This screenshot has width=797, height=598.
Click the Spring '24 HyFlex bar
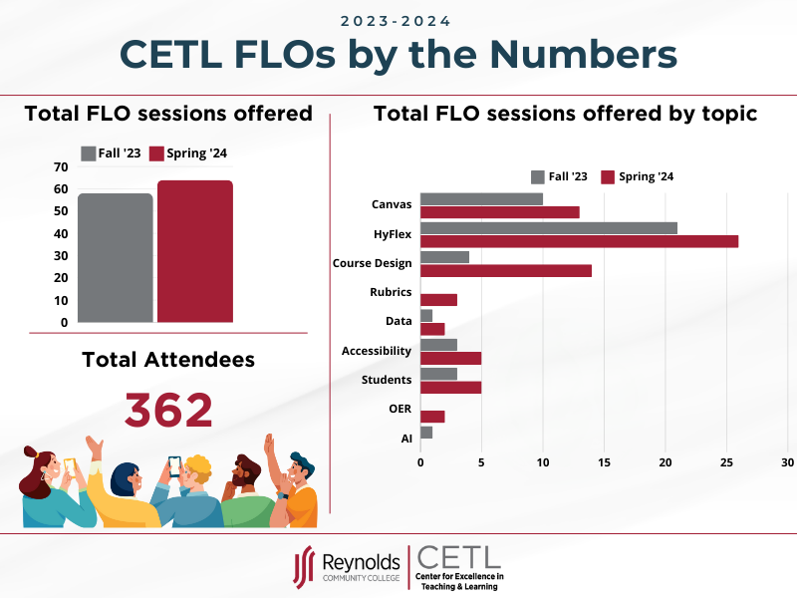pyautogui.click(x=579, y=241)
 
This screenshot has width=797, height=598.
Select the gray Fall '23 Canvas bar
pyautogui.click(x=481, y=198)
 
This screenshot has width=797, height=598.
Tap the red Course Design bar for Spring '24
pyautogui.click(x=505, y=270)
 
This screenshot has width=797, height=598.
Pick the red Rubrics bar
pyautogui.click(x=438, y=299)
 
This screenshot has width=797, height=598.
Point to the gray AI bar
pyautogui.click(x=426, y=432)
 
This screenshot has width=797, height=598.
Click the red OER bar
pyautogui.click(x=432, y=417)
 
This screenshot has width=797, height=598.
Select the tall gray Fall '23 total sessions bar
pyautogui.click(x=116, y=258)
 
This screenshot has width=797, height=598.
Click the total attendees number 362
pyautogui.click(x=168, y=410)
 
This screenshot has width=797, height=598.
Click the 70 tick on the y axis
pyautogui.click(x=61, y=166)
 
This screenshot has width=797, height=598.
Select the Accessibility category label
pyautogui.click(x=376, y=351)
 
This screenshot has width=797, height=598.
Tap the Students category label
pyautogui.click(x=387, y=380)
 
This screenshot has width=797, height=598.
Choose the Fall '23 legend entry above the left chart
pyautogui.click(x=112, y=153)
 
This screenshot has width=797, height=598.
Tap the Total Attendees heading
pyautogui.click(x=167, y=359)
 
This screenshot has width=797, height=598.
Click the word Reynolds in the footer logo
pyautogui.click(x=360, y=563)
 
